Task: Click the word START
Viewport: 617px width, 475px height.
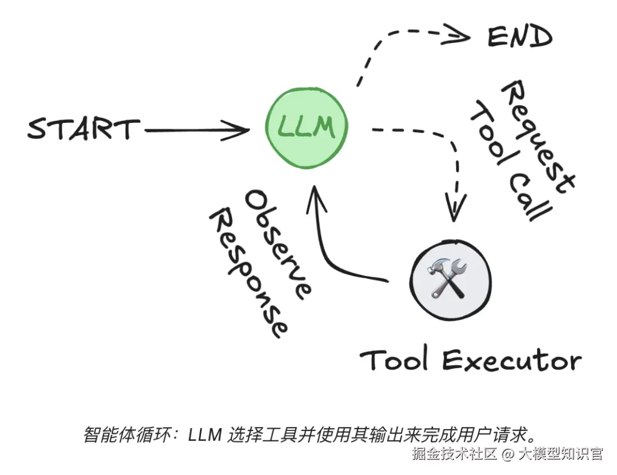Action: [83, 129]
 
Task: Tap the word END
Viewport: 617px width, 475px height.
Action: [519, 37]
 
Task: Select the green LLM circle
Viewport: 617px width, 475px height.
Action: [306, 127]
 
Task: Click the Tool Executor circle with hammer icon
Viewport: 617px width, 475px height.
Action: [451, 277]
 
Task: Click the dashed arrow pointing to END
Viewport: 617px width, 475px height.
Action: [394, 43]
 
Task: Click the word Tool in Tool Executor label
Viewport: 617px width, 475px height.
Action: [394, 360]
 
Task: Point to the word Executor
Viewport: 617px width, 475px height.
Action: [512, 361]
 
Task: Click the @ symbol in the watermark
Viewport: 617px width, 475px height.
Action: [508, 454]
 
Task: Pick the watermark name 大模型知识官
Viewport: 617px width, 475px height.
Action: [560, 454]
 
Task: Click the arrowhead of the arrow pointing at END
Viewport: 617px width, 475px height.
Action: [460, 37]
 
